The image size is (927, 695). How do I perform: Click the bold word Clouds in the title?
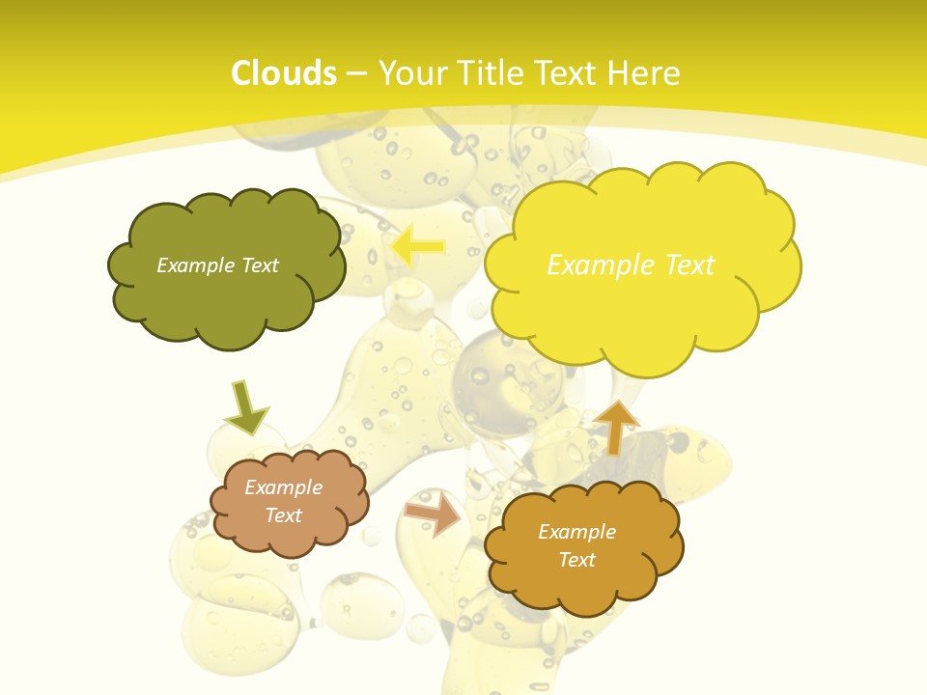click(284, 73)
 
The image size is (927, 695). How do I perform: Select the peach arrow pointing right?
click(433, 514)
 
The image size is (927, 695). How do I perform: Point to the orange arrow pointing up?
click(615, 427)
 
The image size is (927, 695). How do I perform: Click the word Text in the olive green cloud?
click(260, 265)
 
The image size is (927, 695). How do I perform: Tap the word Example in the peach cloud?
click(284, 487)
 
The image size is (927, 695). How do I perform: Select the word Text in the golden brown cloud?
click(577, 560)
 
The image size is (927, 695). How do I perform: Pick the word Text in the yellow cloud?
click(688, 265)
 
